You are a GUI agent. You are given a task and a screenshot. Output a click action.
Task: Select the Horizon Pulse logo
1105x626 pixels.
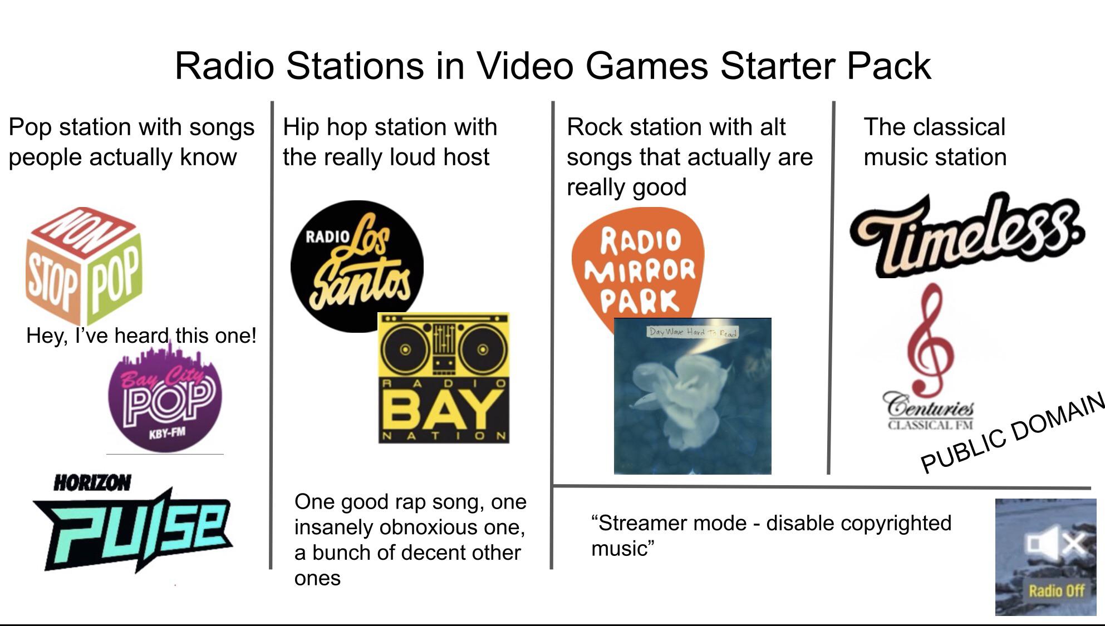tap(134, 526)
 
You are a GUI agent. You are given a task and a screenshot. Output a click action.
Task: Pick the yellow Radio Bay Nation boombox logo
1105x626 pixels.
tap(444, 378)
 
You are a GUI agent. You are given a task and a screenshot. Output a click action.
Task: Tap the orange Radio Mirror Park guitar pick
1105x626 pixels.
tap(638, 262)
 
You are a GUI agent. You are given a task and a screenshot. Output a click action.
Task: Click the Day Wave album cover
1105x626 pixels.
tap(693, 396)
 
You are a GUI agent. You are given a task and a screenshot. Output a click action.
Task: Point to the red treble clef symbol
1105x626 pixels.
tap(929, 339)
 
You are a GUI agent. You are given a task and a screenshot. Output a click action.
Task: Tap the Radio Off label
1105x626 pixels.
tap(1056, 590)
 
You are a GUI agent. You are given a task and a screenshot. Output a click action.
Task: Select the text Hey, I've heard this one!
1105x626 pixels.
tap(141, 336)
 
